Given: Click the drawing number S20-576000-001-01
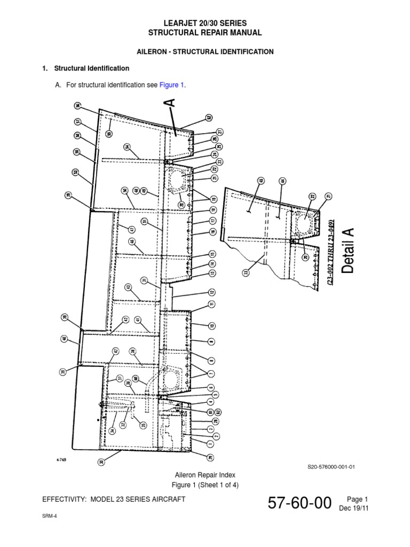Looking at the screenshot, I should pos(331,466).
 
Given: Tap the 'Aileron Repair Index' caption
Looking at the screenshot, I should pos(205,474).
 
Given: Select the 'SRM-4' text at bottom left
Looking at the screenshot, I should pos(49,518).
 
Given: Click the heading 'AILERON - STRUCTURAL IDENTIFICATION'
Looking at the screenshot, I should pos(205,52).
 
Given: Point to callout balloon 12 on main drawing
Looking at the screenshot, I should pos(212,292).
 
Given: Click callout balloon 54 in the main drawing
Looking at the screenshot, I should pos(128,147).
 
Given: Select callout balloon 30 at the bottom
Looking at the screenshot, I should pos(101,462).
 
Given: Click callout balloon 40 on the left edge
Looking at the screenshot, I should pos(64,339).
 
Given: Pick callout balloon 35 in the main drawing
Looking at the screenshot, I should pos(143,425).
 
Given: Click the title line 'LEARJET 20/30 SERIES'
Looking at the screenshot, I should pos(205,24).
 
